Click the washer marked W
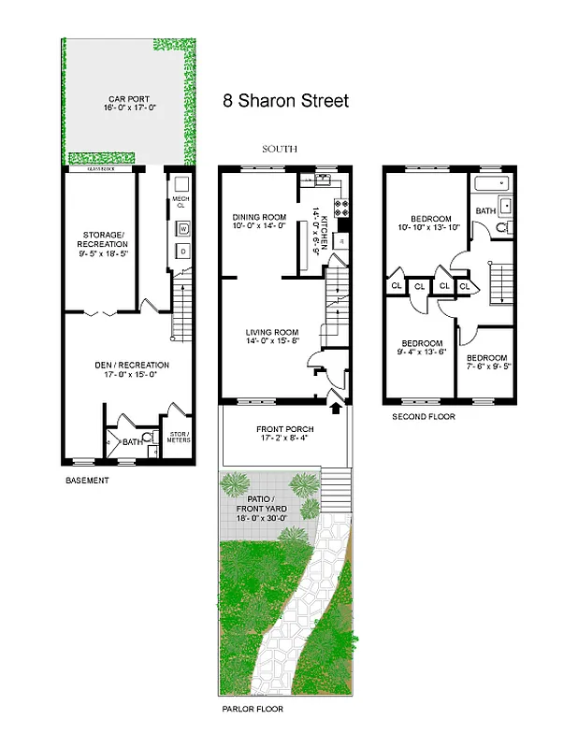coord(182,228)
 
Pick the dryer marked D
coord(182,252)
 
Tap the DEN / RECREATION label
coord(130,365)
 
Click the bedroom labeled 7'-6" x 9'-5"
coord(486,363)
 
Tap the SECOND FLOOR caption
coord(424,417)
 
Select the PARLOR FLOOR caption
coord(252,710)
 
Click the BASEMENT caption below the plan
coord(87,481)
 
